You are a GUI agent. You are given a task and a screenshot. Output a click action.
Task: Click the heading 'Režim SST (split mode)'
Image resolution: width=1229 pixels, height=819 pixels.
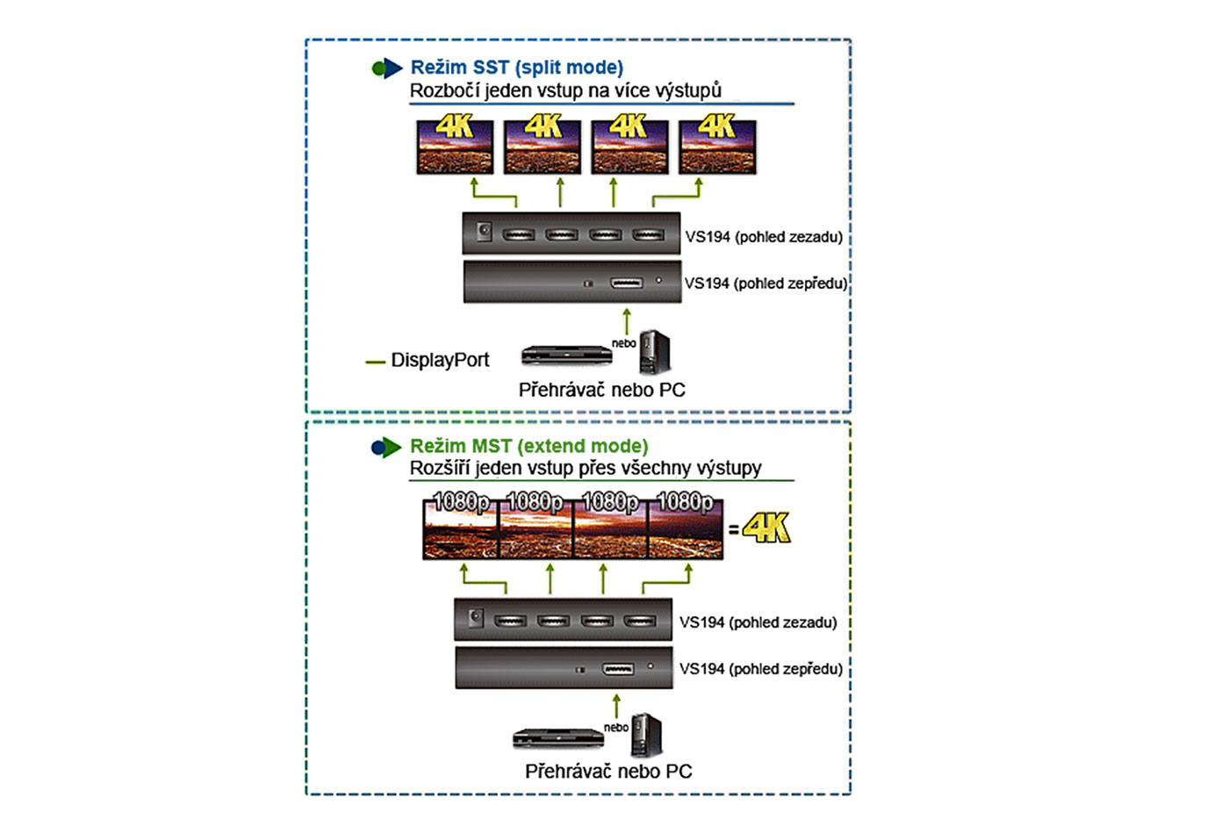[516, 68]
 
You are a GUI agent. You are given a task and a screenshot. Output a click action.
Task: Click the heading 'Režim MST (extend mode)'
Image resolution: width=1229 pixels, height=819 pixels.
[528, 446]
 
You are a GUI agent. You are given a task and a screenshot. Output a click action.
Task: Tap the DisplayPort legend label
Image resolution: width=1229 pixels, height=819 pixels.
[439, 360]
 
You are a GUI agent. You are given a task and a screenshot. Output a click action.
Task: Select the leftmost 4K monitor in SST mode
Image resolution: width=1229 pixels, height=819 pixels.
[455, 146]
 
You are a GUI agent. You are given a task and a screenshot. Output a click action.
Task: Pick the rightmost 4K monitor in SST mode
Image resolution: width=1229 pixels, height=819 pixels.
[717, 146]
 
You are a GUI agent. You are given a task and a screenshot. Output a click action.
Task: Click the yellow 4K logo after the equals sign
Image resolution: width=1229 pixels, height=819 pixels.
[766, 528]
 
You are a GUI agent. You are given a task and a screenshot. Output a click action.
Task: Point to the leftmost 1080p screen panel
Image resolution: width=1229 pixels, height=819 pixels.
[460, 528]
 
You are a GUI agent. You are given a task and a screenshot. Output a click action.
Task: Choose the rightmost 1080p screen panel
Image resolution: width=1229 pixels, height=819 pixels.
[686, 528]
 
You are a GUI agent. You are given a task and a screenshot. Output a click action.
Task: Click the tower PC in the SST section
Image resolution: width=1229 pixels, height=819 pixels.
[654, 352]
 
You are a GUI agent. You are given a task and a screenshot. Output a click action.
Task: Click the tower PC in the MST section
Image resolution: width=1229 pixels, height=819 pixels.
[646, 736]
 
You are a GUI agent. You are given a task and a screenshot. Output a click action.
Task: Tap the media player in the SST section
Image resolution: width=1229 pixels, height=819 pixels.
[566, 356]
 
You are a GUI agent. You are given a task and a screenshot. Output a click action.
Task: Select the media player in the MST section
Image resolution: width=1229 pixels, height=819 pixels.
[558, 737]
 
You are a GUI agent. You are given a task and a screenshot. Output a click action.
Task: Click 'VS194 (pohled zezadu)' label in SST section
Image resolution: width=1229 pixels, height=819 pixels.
[764, 237]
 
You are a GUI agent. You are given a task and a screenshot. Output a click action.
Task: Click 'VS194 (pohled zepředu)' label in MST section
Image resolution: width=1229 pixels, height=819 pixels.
[760, 669]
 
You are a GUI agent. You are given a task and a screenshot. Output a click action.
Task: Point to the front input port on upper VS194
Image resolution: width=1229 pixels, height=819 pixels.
[626, 283]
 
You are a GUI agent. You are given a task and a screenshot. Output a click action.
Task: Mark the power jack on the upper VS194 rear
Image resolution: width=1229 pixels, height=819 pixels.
[484, 232]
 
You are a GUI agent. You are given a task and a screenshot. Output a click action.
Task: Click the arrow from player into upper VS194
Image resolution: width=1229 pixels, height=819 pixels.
[626, 320]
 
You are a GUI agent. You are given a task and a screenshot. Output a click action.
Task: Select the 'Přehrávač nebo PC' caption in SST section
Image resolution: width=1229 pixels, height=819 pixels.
[601, 390]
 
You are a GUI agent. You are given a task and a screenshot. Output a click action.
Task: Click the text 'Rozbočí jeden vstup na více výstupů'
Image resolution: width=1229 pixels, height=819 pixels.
[565, 90]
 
